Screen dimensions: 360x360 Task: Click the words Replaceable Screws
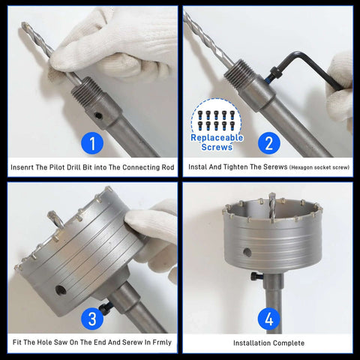[217, 144]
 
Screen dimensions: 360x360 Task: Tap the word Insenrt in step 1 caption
[26, 166]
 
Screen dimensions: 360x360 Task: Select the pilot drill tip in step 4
[272, 199]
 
